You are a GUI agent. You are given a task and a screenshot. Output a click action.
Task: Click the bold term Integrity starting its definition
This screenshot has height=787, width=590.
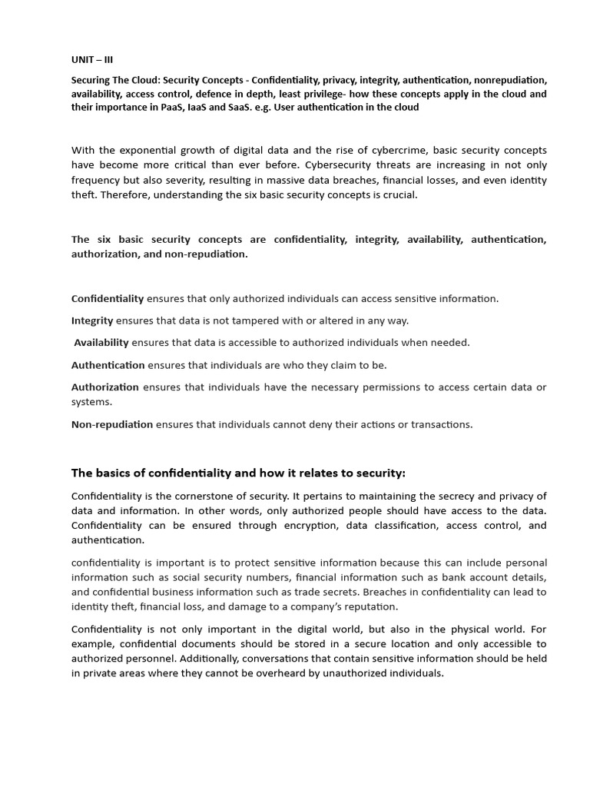pos(92,320)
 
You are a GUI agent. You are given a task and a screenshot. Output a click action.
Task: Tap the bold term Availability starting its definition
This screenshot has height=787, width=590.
pos(101,343)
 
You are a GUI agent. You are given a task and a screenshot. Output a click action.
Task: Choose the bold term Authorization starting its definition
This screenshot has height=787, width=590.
pos(105,387)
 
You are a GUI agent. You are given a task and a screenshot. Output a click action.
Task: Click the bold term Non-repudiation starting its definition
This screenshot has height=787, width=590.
pos(112,424)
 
